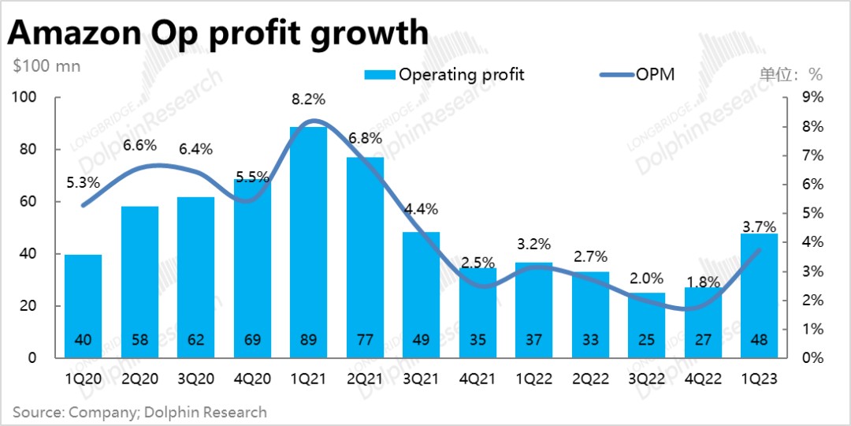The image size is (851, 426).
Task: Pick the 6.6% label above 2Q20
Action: pos(139,145)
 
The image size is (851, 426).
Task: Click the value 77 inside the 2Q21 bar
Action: pos(365,341)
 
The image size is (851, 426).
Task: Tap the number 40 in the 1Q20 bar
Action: pos(83,341)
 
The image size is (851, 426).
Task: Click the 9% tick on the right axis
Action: pos(812,97)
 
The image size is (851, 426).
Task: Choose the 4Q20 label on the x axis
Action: pos(252,379)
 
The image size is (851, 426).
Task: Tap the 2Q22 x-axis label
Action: pos(590,379)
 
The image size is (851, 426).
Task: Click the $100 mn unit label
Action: pos(46,65)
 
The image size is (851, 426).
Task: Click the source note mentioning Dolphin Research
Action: pos(139,412)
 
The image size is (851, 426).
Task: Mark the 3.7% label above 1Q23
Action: pos(759,227)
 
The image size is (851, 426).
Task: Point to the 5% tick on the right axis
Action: pos(812,213)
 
